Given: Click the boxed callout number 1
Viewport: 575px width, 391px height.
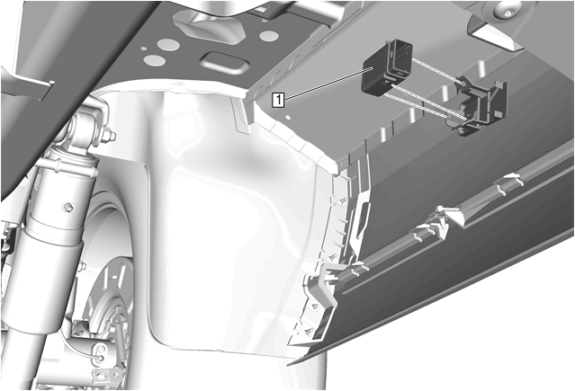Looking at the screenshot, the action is pyautogui.click(x=278, y=99).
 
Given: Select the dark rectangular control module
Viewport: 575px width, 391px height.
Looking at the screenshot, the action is pyautogui.click(x=387, y=67).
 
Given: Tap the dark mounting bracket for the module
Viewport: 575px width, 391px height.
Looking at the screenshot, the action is pyautogui.click(x=479, y=105).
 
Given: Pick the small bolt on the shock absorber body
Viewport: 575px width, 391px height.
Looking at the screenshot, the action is pyautogui.click(x=67, y=208).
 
